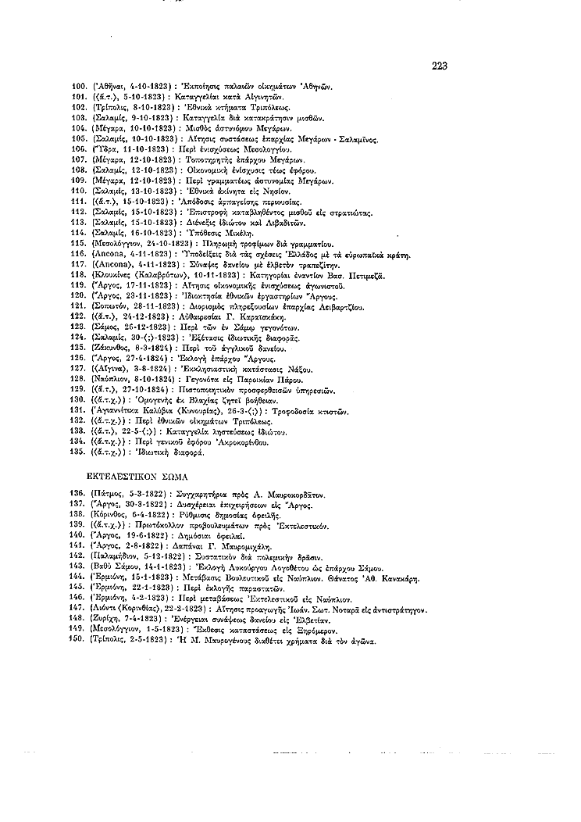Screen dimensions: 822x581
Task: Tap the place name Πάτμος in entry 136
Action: [109, 495]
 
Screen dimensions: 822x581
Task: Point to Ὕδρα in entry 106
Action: [105, 147]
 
